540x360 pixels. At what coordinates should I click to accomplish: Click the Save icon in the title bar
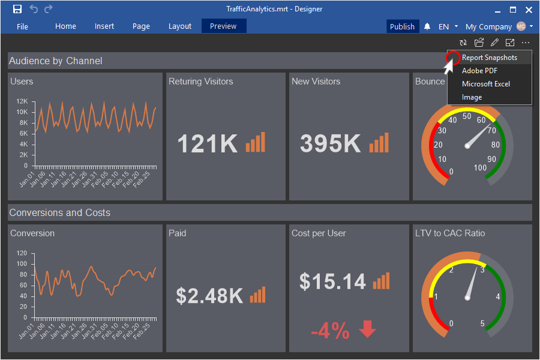tap(17, 9)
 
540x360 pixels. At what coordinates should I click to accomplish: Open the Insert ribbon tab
tap(104, 26)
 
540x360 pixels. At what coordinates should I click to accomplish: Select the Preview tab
tap(223, 26)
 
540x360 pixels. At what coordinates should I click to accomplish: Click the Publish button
tap(402, 26)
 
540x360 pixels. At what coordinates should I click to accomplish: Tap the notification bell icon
tap(427, 26)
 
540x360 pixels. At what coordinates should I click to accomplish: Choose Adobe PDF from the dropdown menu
tap(479, 71)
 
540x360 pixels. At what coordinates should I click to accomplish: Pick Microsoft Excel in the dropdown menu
tap(485, 84)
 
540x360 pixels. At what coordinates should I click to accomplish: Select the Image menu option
tap(472, 97)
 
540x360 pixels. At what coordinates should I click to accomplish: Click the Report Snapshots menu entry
tap(489, 58)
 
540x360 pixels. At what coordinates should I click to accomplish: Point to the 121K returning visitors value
tap(208, 144)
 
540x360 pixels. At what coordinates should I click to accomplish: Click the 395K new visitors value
tap(330, 144)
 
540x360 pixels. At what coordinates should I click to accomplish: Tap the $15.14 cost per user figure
tap(332, 281)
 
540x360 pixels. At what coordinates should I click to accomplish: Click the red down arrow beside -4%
tap(367, 329)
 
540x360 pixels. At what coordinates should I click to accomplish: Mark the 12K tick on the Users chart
tap(22, 101)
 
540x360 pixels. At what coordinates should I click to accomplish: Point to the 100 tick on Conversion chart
tap(22, 263)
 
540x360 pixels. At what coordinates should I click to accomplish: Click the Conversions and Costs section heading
tap(60, 212)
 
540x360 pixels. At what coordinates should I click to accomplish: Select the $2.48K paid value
tap(209, 296)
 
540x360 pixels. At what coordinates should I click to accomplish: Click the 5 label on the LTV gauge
tap(483, 324)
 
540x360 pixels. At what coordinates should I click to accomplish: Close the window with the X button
tap(529, 9)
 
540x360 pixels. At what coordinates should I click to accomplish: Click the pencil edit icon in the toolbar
tap(494, 43)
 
